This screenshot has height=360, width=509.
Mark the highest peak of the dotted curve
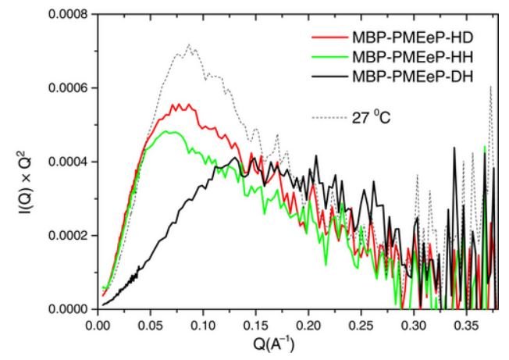pos(189,45)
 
